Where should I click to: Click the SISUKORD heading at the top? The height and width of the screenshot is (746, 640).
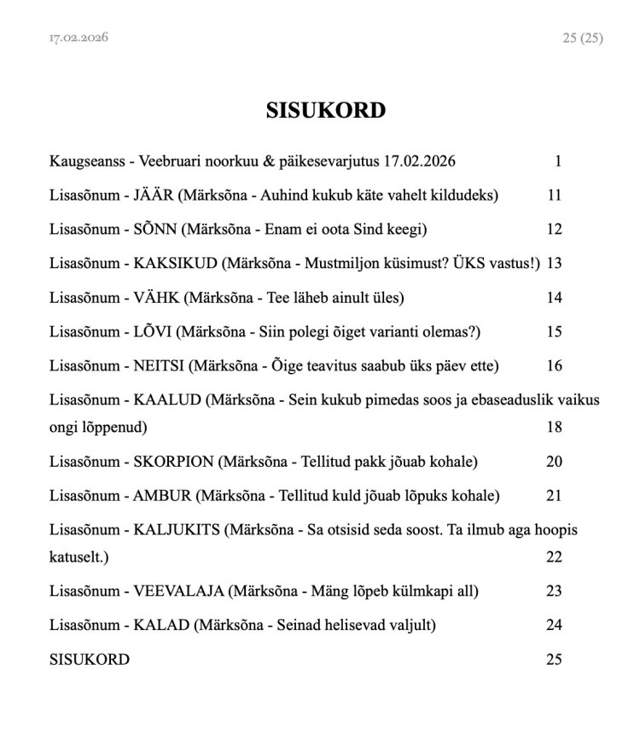tap(325, 111)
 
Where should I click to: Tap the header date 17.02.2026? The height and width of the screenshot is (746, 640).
tap(79, 38)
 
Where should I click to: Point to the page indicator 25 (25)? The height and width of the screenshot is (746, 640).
tap(583, 38)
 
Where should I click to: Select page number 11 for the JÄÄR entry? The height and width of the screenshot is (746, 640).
tap(555, 195)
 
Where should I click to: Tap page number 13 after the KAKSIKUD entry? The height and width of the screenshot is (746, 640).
tap(555, 264)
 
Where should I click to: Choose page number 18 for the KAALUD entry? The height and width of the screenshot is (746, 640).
tap(555, 427)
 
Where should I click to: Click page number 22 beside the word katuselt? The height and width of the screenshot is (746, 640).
tap(555, 557)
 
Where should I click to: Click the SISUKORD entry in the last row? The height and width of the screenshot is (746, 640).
tap(90, 660)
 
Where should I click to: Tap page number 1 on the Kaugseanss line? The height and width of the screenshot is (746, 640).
tap(558, 161)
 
